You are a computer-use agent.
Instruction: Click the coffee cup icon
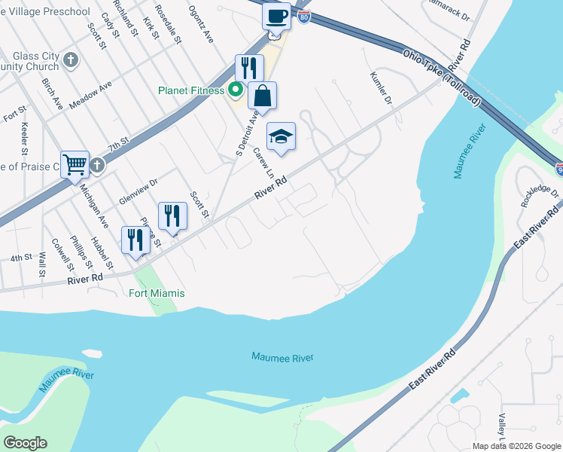click(276, 16)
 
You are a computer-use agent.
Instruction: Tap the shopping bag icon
click(262, 96)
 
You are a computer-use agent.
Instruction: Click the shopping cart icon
click(75, 163)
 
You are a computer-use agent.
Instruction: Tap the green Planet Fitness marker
click(235, 90)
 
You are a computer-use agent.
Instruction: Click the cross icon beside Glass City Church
click(71, 60)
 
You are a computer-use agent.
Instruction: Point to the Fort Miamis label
click(157, 293)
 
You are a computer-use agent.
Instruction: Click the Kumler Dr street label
click(382, 88)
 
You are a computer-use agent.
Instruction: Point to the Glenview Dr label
click(138, 191)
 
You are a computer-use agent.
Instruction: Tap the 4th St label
click(20, 258)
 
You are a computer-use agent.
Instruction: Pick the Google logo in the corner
click(25, 443)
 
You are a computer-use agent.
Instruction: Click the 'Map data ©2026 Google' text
click(516, 446)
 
